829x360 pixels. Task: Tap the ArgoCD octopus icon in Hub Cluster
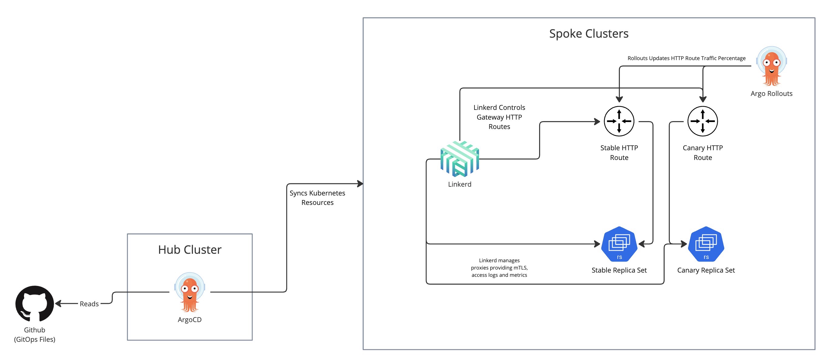click(189, 292)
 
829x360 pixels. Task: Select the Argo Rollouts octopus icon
click(771, 66)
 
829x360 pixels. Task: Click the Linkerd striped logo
click(460, 159)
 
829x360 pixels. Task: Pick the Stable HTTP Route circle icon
click(619, 121)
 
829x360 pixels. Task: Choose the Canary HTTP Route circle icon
click(702, 121)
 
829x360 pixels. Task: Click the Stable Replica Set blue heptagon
click(619, 244)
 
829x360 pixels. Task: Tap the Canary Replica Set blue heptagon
click(706, 244)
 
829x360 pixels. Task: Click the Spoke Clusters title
click(589, 33)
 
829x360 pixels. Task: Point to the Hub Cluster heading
click(189, 250)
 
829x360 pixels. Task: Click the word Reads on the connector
click(89, 304)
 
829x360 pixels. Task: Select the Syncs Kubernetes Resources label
click(317, 198)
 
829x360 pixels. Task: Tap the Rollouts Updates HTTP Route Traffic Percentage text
click(686, 58)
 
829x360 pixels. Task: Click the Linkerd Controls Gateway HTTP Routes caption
click(499, 117)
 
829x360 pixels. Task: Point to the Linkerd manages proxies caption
click(499, 267)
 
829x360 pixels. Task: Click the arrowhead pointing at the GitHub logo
click(58, 303)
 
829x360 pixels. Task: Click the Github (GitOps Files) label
click(34, 334)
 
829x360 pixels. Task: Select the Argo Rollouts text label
click(771, 93)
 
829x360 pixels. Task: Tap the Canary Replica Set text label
click(706, 270)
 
